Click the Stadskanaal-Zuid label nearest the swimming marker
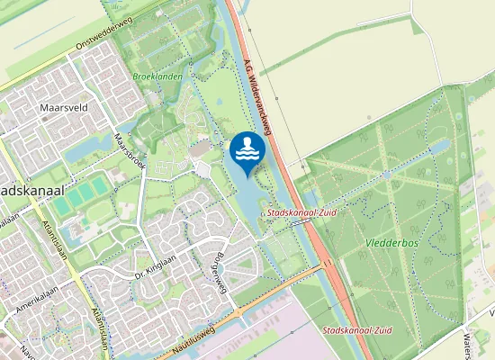pyautogui.click(x=298, y=213)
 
